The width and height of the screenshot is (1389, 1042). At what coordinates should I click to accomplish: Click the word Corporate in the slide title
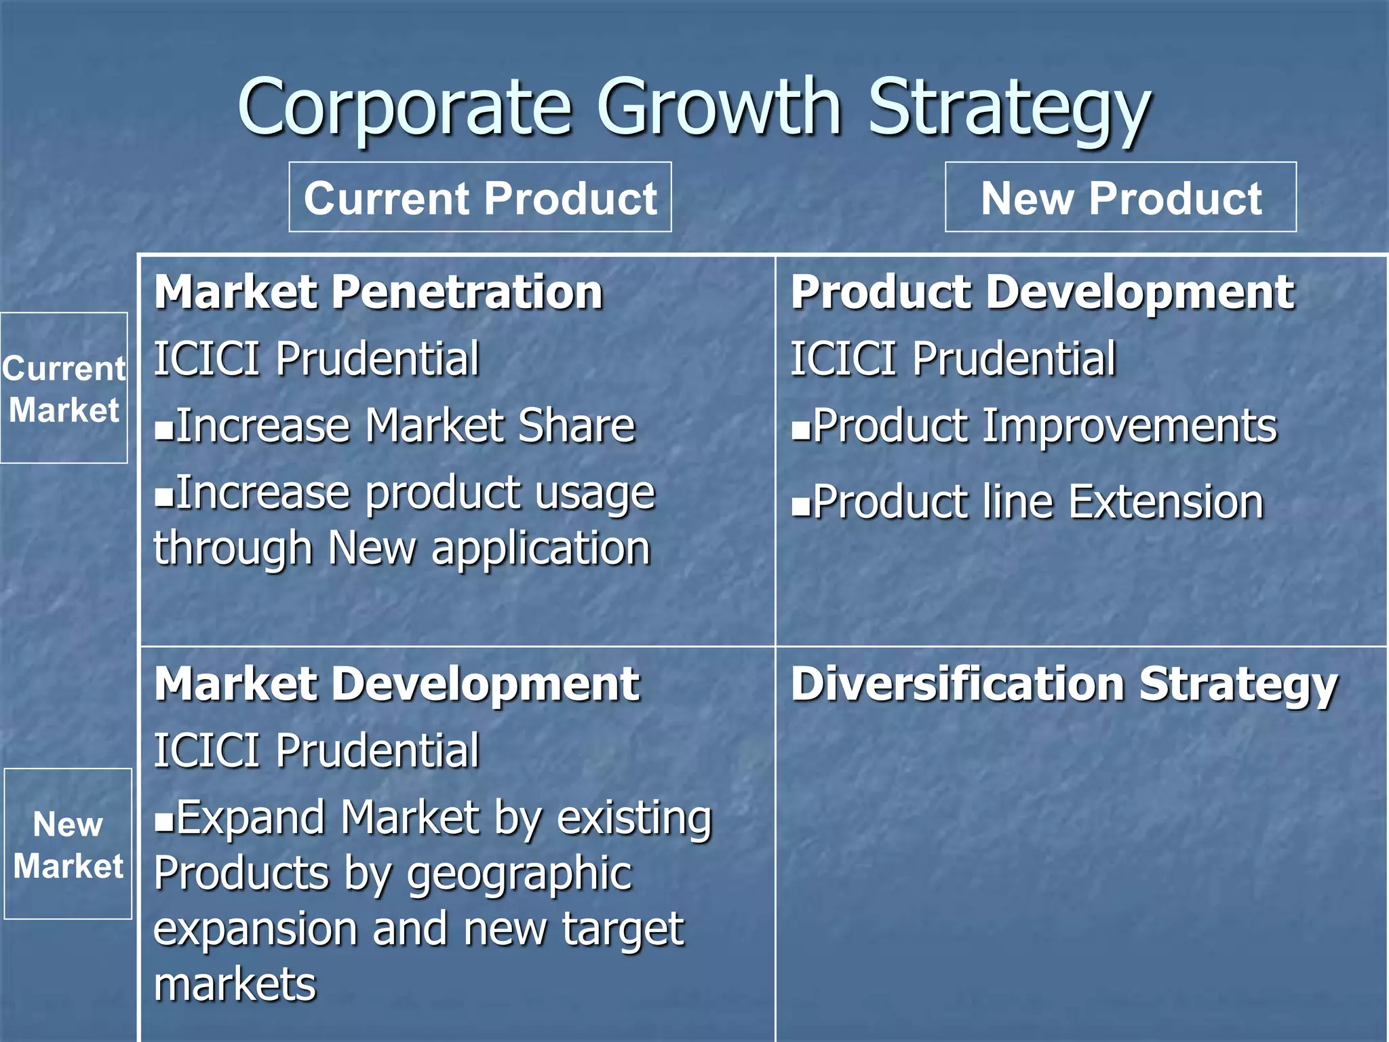[x=405, y=107]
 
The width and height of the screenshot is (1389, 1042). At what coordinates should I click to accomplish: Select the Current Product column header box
[x=480, y=197]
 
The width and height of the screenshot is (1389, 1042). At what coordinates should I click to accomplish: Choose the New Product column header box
[x=1120, y=197]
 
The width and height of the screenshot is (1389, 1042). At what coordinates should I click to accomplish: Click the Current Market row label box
[x=64, y=388]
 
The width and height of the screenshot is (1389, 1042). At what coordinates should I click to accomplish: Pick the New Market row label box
[x=68, y=844]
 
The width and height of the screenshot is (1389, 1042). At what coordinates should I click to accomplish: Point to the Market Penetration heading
[x=378, y=292]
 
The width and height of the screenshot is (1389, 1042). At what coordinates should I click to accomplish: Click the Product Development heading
[x=1042, y=292]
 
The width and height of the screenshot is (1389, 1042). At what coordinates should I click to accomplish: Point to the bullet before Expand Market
[x=163, y=822]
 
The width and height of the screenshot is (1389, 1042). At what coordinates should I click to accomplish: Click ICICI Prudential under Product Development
[x=953, y=358]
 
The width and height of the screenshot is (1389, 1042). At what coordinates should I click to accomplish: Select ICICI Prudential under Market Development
[x=317, y=750]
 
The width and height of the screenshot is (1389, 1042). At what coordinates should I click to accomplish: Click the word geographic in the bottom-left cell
[x=520, y=875]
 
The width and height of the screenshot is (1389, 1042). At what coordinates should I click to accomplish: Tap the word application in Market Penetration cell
[x=541, y=549]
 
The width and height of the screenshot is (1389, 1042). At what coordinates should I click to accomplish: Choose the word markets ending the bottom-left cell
[x=235, y=984]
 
